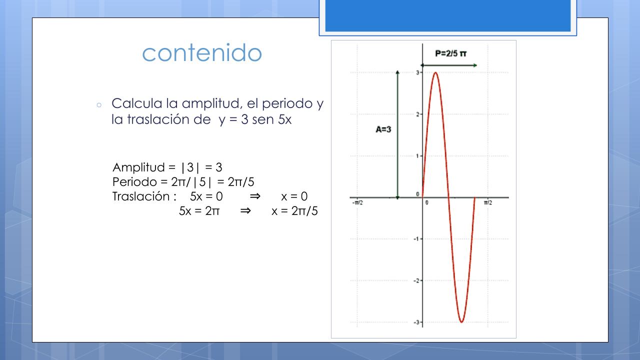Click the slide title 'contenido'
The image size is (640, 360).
coord(202,53)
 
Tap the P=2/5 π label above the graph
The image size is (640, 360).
coord(450,53)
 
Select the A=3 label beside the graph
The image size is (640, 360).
coord(383,129)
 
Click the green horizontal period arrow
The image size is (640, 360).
coord(449,65)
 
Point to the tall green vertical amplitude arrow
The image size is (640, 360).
coord(397,135)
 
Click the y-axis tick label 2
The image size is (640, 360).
coord(417,114)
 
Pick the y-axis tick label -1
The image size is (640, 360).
coord(416,239)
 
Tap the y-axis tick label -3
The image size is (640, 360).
coord(416,322)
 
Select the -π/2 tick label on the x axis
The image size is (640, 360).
coord(357,202)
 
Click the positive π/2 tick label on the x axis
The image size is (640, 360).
coord(488,202)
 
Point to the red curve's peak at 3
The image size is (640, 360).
coord(435,72)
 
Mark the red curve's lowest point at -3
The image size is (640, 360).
coord(461,322)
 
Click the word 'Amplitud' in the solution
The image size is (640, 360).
coord(138,167)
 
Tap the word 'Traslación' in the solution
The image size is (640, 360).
coord(141,196)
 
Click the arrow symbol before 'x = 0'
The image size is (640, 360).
coord(255,196)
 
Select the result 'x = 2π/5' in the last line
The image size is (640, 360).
coord(294,211)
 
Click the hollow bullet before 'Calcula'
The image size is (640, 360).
coord(99,105)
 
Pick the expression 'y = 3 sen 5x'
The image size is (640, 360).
coord(255,119)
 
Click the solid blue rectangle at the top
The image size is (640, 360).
coord(448,15)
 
